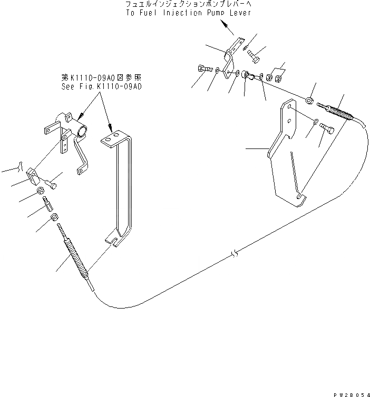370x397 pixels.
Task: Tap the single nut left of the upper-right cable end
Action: pos(310,100)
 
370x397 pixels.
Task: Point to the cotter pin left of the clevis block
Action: pos(20,166)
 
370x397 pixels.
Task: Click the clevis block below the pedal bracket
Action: pos(33,174)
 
